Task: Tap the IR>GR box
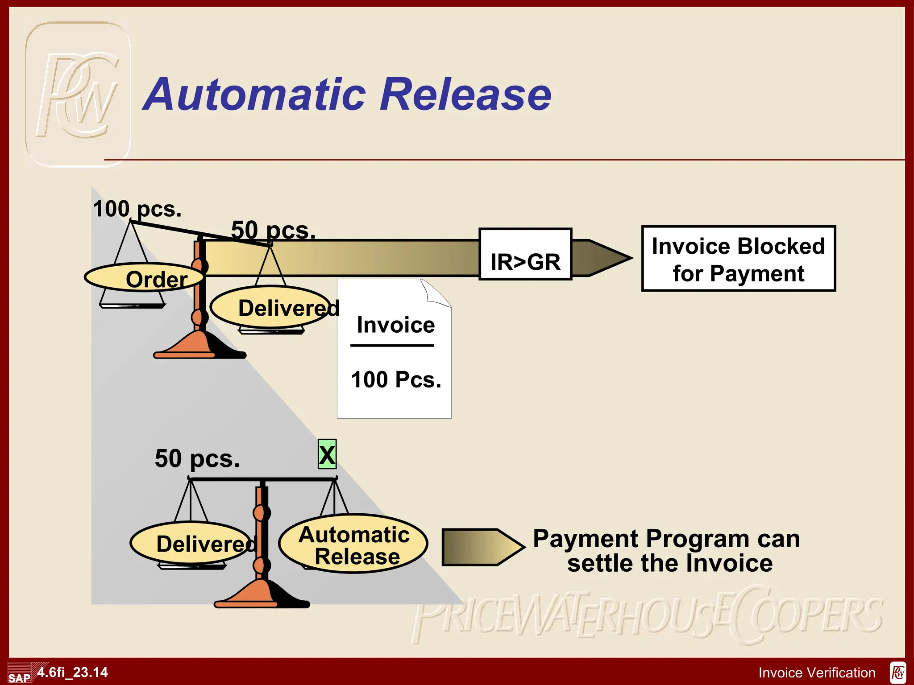(525, 255)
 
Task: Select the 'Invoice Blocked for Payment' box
(738, 259)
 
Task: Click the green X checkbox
(327, 454)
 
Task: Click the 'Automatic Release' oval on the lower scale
(353, 544)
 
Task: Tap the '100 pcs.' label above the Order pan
(137, 209)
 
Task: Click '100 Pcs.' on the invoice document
(396, 380)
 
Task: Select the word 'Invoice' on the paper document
(395, 325)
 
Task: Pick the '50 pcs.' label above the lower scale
(197, 458)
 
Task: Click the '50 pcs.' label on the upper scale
(273, 230)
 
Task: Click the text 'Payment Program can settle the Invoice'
(667, 551)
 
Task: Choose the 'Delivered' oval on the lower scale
(192, 543)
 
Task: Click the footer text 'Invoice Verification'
(817, 673)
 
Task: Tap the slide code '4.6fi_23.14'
(73, 672)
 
